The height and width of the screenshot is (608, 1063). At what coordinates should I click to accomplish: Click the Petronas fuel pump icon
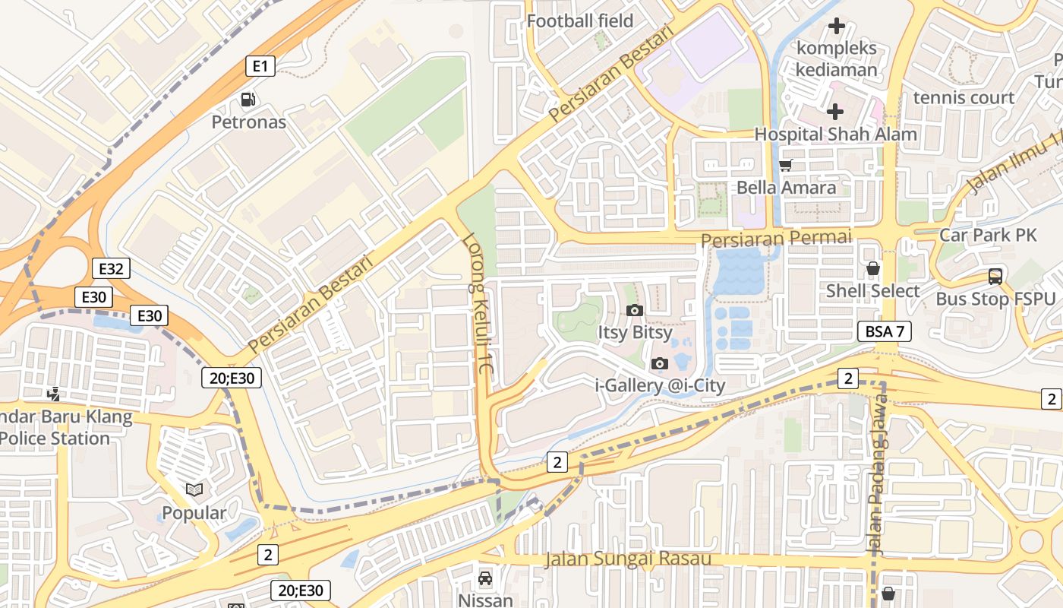pyautogui.click(x=248, y=99)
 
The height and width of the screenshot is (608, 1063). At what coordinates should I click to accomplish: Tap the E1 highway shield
pyautogui.click(x=260, y=66)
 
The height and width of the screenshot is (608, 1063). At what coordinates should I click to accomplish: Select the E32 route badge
pyautogui.click(x=111, y=268)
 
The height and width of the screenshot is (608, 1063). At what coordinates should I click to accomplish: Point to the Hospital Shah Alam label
pyautogui.click(x=835, y=135)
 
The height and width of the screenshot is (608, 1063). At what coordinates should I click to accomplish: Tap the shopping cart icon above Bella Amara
pyautogui.click(x=786, y=165)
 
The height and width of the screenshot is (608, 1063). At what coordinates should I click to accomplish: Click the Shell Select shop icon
pyautogui.click(x=873, y=268)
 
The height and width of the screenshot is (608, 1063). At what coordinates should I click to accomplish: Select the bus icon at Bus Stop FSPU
pyautogui.click(x=995, y=277)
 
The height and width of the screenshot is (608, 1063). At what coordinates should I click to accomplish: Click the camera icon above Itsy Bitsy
pyautogui.click(x=634, y=310)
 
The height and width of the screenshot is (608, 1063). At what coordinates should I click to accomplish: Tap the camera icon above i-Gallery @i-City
pyautogui.click(x=659, y=363)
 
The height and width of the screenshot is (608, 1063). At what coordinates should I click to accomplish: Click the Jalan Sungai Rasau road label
pyautogui.click(x=628, y=559)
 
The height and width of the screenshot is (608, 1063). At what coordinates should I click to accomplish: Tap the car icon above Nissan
pyautogui.click(x=485, y=578)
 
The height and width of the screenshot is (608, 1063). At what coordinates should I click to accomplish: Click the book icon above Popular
pyautogui.click(x=194, y=490)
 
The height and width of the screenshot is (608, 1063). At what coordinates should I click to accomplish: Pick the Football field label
pyautogui.click(x=579, y=21)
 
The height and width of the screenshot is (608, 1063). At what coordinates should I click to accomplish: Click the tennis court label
pyautogui.click(x=964, y=97)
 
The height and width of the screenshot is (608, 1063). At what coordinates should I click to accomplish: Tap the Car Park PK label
pyautogui.click(x=987, y=235)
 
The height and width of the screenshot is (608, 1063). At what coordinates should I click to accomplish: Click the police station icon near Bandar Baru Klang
pyautogui.click(x=53, y=394)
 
